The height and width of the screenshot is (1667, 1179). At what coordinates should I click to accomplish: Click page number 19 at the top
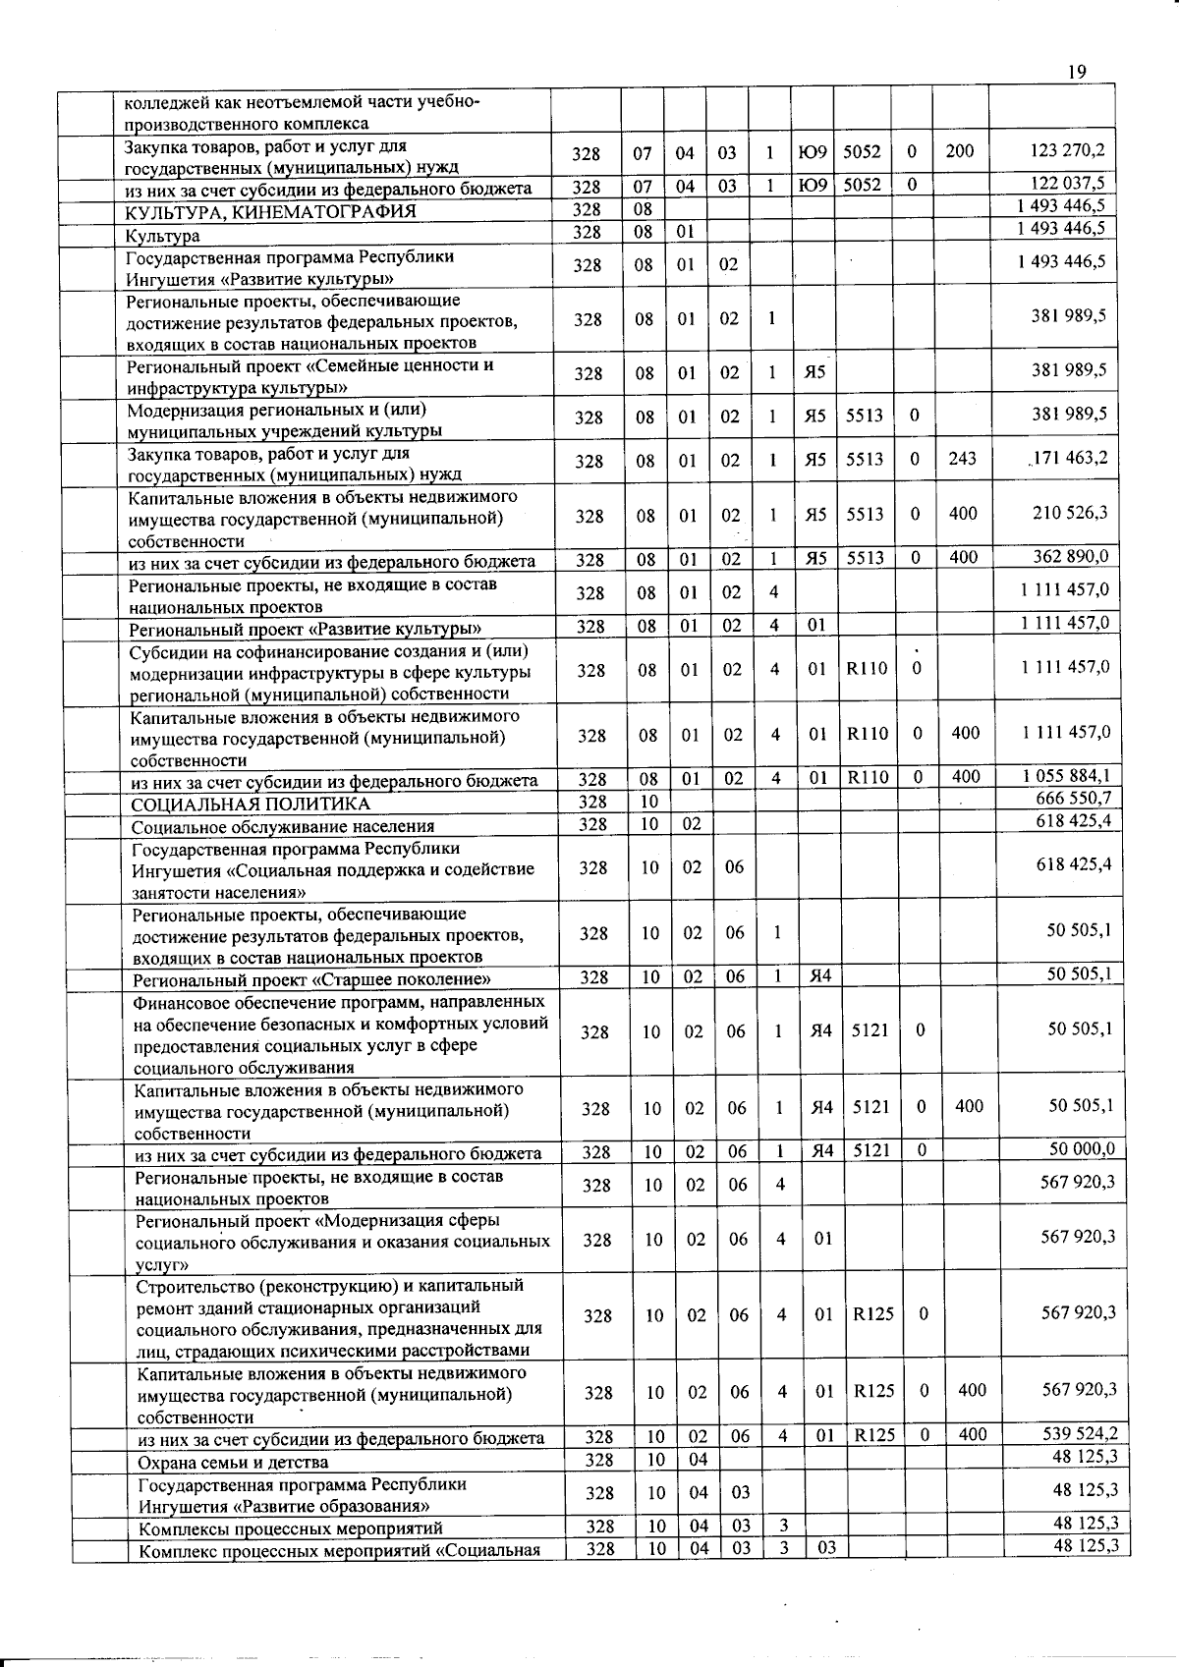[x=1076, y=72]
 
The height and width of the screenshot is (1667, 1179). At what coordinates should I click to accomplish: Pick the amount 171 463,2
[x=1069, y=458]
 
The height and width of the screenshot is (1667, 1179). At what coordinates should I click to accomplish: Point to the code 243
[x=962, y=459]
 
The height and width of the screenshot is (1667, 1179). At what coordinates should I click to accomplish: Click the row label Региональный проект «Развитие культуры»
[x=306, y=629]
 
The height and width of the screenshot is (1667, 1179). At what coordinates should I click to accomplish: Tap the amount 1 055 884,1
[x=1067, y=775]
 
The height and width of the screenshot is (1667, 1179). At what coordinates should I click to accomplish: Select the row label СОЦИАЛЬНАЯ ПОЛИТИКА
[x=252, y=804]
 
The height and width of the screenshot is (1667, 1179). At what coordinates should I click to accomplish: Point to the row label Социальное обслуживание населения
[x=283, y=826]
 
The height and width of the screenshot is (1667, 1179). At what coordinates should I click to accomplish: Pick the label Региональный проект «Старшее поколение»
[x=312, y=979]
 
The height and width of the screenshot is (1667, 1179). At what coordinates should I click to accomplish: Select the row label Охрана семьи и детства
[x=233, y=1462]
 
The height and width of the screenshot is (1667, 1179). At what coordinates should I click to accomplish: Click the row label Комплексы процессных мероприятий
[x=291, y=1528]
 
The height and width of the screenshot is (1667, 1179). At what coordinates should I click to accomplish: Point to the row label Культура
[x=162, y=236]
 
